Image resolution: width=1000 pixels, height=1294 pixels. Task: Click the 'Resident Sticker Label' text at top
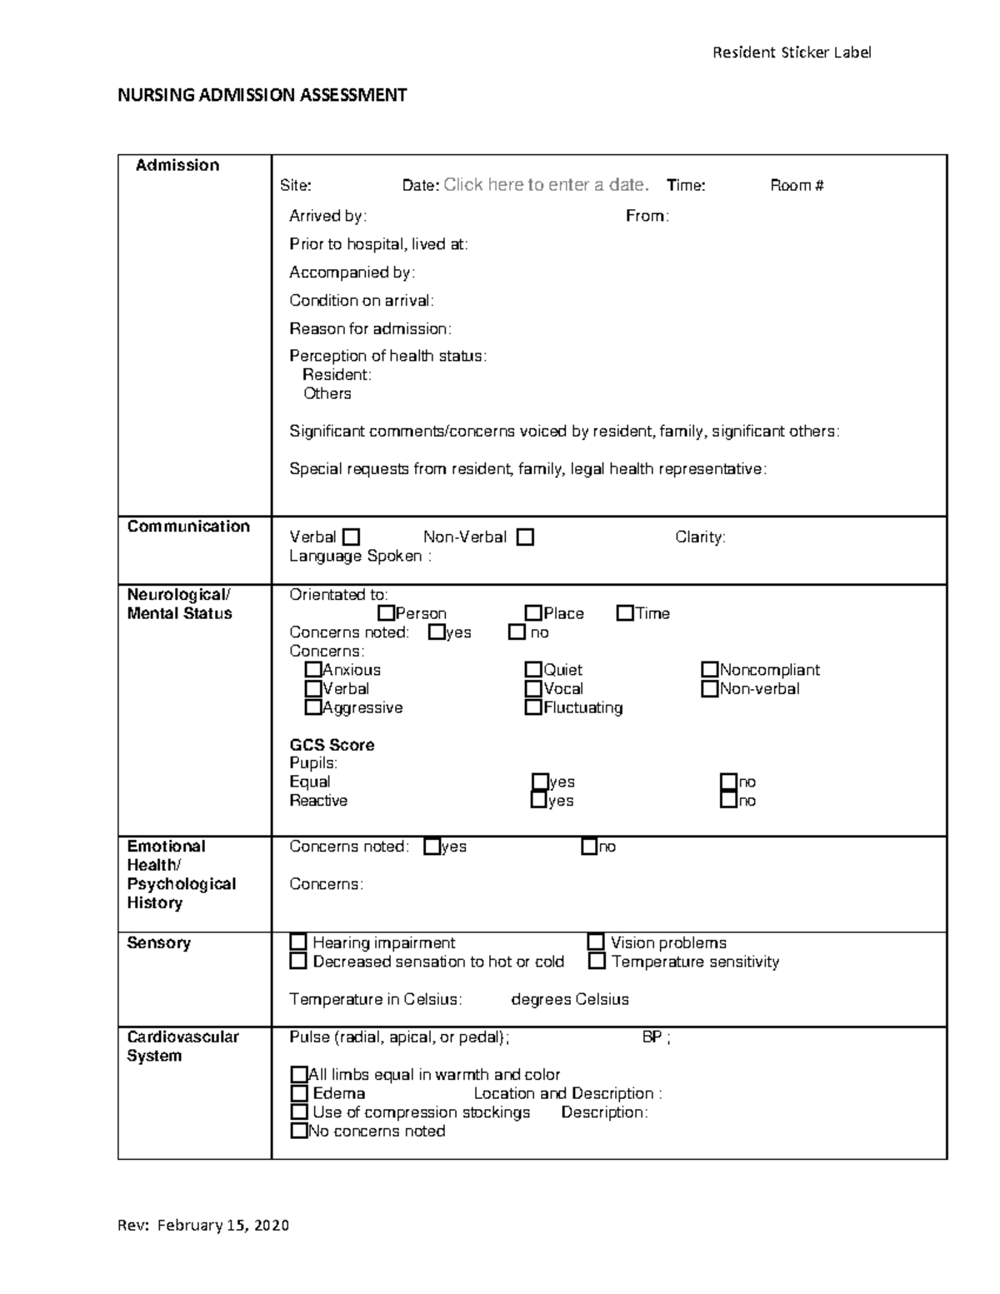791,52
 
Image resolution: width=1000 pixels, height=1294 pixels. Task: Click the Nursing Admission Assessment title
262,95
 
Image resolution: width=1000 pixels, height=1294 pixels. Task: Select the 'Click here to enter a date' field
546,185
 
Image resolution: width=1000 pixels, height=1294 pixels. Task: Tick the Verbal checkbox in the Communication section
351,537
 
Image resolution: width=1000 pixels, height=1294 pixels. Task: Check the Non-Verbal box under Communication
525,537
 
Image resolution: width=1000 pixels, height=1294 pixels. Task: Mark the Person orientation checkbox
386,613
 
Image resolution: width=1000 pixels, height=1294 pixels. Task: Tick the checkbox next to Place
533,613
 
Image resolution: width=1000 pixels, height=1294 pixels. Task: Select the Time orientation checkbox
625,613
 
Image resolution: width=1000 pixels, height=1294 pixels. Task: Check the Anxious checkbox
313,670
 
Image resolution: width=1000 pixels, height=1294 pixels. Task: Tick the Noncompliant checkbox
709,670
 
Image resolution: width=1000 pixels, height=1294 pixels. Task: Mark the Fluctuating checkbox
533,707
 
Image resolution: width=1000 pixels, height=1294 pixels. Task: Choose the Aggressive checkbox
313,707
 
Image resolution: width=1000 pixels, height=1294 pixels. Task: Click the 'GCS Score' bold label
332,745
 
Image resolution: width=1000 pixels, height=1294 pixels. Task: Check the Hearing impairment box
298,942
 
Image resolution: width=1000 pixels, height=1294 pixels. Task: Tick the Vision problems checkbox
596,942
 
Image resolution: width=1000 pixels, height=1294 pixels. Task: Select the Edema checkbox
299,1093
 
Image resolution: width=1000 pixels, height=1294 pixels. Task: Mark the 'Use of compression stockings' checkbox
299,1112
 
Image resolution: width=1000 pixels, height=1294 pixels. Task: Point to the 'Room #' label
797,186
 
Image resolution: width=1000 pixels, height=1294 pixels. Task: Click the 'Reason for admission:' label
370,328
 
